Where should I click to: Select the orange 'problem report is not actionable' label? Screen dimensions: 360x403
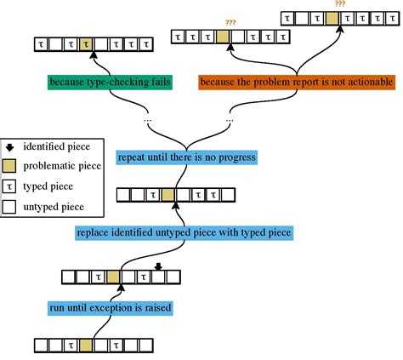(296, 83)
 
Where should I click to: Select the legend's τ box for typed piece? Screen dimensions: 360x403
(10, 186)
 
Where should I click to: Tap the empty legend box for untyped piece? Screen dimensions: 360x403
(10, 205)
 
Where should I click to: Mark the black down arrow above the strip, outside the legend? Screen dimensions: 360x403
(157, 266)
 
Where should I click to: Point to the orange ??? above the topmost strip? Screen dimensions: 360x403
(339, 4)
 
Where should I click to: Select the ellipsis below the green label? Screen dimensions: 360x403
(148, 120)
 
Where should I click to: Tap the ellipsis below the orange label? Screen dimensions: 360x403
(231, 120)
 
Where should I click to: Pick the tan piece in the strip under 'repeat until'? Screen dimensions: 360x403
(167, 196)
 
